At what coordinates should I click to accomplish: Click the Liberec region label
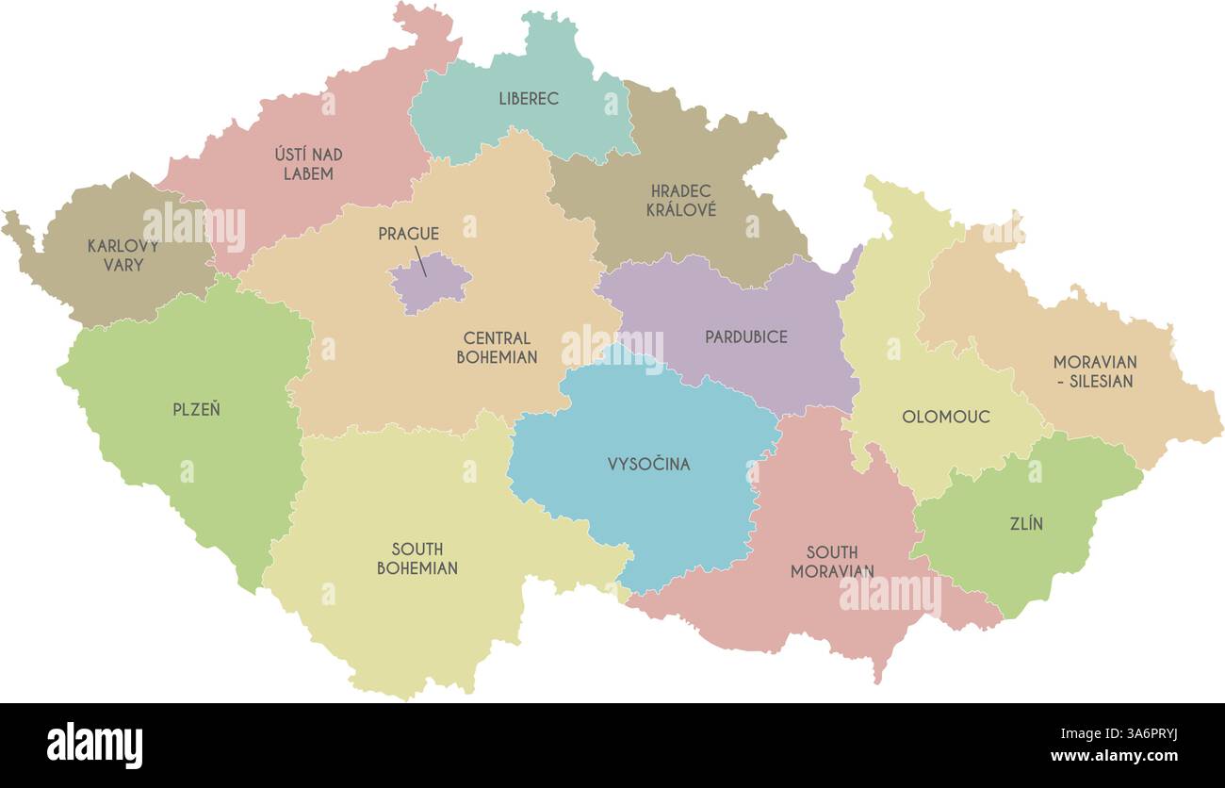coord(529,99)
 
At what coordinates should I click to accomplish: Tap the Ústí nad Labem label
coord(308,164)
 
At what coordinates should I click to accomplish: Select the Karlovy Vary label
coord(123,255)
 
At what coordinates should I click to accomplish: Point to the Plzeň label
coord(196,410)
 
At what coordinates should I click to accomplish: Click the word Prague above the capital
coord(408,234)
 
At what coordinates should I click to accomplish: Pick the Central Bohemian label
coord(497,348)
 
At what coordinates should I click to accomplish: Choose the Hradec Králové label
coord(680,201)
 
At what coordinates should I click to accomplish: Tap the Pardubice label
coord(745,337)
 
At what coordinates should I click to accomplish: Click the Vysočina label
coord(648,464)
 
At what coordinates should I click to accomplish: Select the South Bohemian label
coord(417,559)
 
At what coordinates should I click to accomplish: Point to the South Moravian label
coord(832,562)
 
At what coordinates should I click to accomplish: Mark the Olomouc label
coord(946,417)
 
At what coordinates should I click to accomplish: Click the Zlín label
coord(1026,524)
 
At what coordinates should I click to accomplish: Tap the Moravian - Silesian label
coord(1094,371)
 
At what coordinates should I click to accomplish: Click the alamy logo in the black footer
coord(94,745)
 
